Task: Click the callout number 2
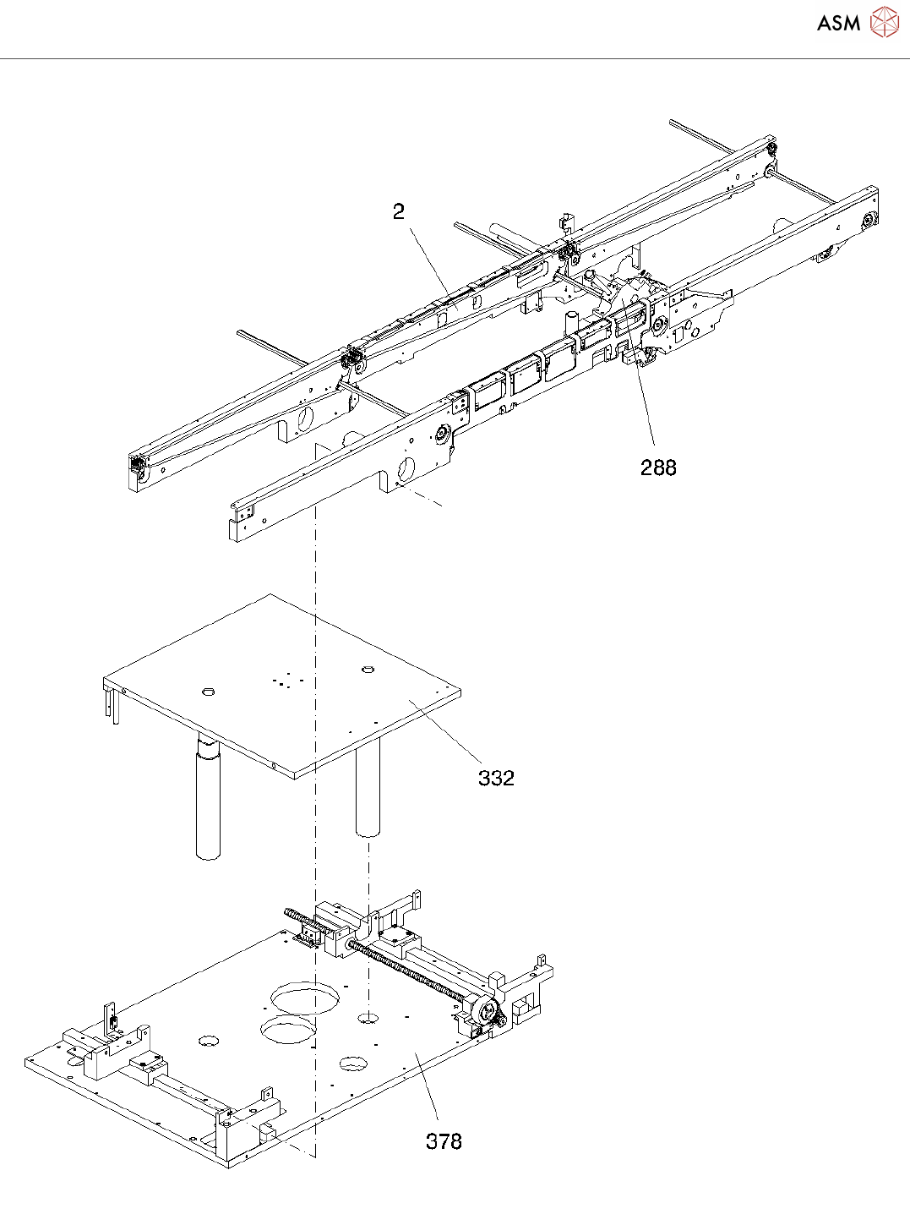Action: click(x=399, y=211)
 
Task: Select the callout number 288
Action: click(x=658, y=468)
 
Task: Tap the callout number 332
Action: click(x=496, y=778)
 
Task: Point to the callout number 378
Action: click(x=444, y=1141)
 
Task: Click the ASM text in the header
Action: click(x=838, y=24)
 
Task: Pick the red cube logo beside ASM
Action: click(x=884, y=23)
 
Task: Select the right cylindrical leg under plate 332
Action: click(x=368, y=790)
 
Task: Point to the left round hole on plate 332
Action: click(x=208, y=692)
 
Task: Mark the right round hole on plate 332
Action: click(x=368, y=670)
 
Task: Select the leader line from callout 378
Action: click(x=428, y=1091)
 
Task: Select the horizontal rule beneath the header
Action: click(x=455, y=59)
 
